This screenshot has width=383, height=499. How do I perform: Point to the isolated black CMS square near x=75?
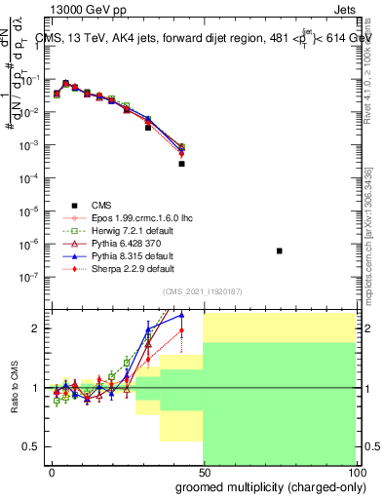point(280,250)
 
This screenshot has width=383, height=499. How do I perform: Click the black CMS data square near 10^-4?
point(182,164)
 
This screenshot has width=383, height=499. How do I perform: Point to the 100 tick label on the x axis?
point(355,472)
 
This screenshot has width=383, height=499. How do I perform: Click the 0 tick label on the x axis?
point(52,472)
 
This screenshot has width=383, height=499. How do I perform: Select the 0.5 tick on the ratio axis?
point(33,446)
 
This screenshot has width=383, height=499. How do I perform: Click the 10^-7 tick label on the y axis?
point(29,276)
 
